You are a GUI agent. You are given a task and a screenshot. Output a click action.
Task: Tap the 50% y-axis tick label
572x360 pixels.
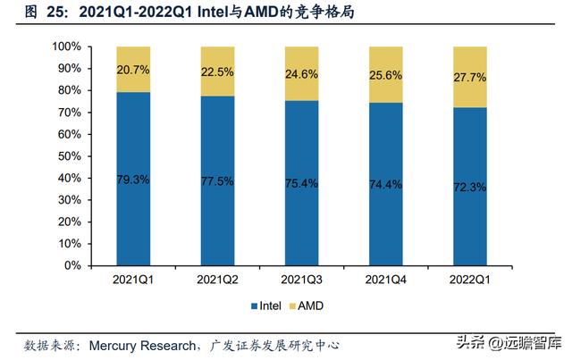tap(70, 156)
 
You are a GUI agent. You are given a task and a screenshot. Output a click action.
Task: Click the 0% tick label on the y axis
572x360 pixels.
tap(73, 265)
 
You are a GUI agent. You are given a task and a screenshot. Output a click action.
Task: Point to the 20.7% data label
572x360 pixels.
tap(133, 68)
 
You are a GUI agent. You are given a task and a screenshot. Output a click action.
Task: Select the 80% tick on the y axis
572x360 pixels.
tap(70, 90)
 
